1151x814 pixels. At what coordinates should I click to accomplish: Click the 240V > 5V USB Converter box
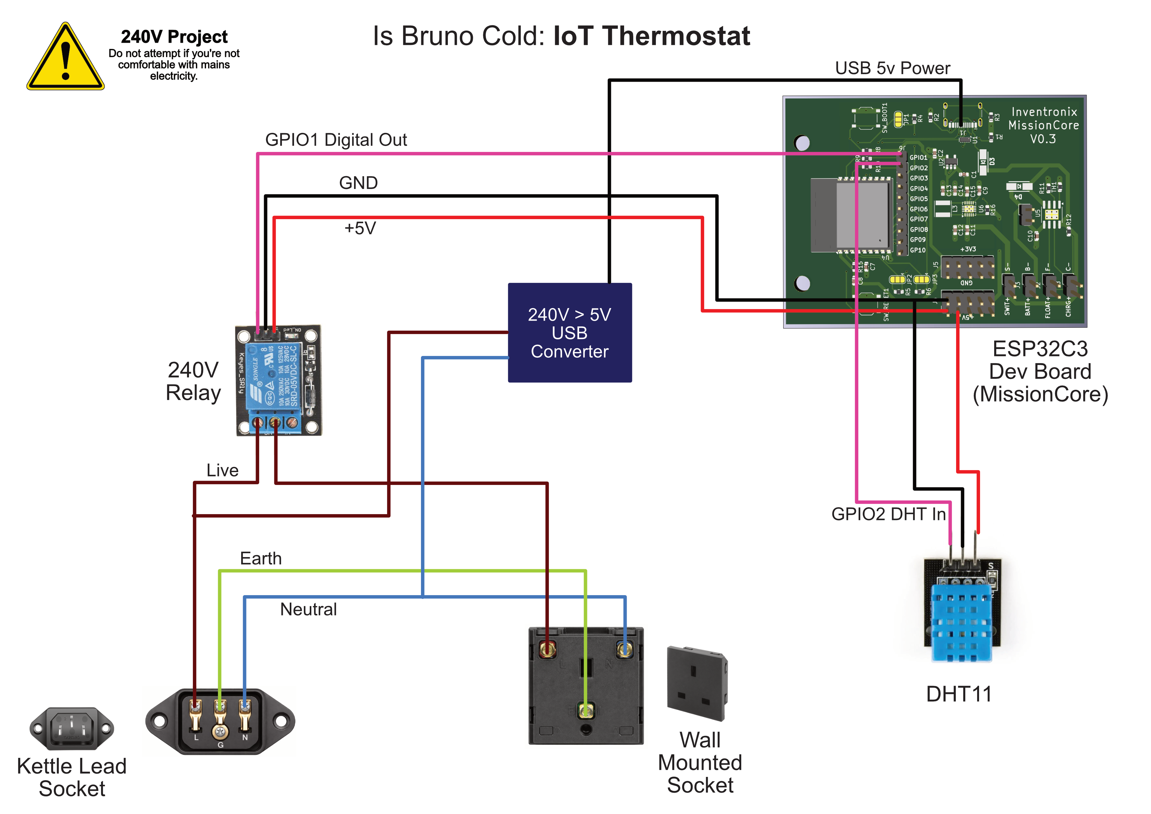pyautogui.click(x=570, y=333)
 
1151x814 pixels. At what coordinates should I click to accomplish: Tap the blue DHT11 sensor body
pyautogui.click(x=961, y=621)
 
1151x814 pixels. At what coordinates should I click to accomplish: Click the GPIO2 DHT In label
pyautogui.click(x=888, y=514)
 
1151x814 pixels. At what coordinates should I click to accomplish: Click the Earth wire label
pyautogui.click(x=261, y=558)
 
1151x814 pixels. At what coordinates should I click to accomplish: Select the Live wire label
pyautogui.click(x=222, y=470)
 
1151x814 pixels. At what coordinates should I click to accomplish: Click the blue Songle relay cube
pyautogui.click(x=274, y=376)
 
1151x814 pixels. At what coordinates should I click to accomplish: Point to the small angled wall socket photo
pyautogui.click(x=697, y=684)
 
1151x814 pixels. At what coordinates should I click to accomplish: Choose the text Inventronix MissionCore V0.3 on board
pyautogui.click(x=1043, y=125)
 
